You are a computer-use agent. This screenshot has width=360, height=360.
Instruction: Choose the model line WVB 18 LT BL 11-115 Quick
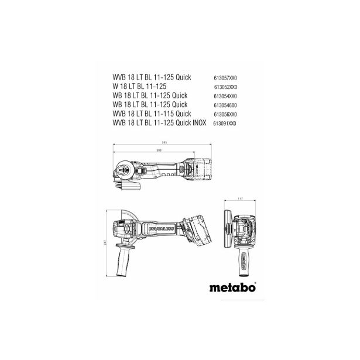click(x=158, y=115)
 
